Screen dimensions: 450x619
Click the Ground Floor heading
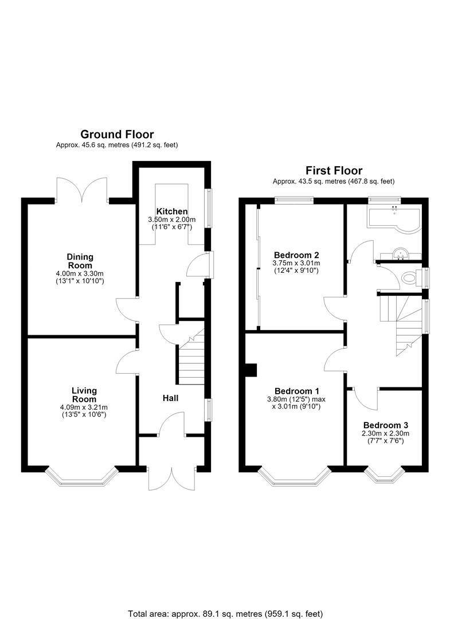[x=117, y=135]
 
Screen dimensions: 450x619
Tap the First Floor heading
[x=334, y=171]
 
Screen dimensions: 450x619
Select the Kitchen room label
[x=172, y=211]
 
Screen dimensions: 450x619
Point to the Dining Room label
[x=80, y=261]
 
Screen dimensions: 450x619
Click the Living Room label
[x=84, y=395]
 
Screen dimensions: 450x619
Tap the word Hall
[x=170, y=398]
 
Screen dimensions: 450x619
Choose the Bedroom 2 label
[x=296, y=254]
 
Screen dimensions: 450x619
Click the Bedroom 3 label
[x=386, y=425]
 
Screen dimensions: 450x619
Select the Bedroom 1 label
[x=296, y=391]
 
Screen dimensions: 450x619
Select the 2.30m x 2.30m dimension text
[x=386, y=433]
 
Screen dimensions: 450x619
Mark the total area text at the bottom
[x=225, y=613]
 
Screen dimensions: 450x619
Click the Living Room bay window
[x=82, y=477]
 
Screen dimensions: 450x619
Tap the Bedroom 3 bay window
[x=385, y=475]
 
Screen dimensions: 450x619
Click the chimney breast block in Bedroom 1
[x=251, y=370]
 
